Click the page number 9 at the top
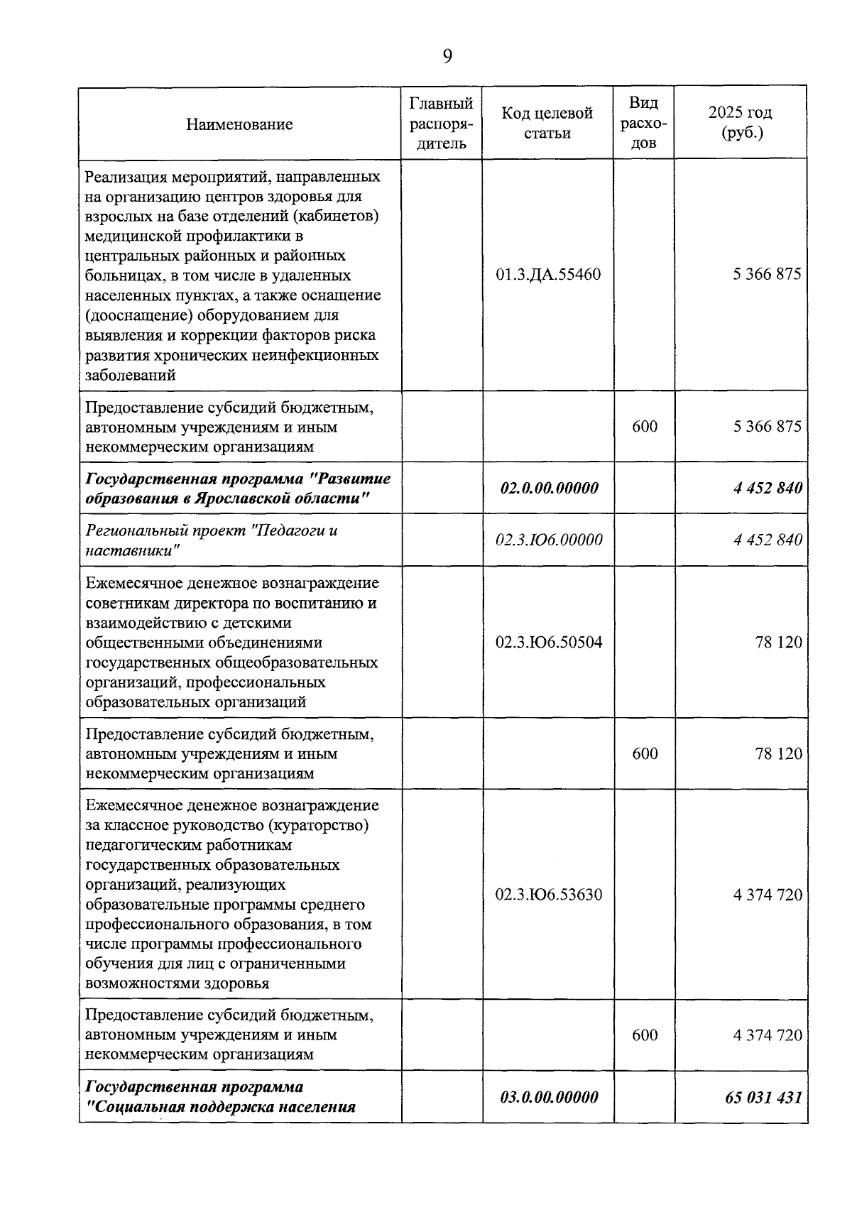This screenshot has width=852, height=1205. point(447,57)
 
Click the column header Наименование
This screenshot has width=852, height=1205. point(239,124)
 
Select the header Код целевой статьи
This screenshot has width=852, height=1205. point(547,123)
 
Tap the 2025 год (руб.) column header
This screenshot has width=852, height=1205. point(740,123)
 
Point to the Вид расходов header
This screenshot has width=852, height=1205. point(644,123)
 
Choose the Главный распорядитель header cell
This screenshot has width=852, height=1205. point(442,123)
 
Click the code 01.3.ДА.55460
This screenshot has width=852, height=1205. point(548,274)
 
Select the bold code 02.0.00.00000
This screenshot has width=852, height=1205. point(549,488)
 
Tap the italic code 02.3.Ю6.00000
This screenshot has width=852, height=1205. point(549,540)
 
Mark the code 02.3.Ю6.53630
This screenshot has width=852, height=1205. point(549,894)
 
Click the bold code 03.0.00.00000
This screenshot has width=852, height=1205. point(549,1097)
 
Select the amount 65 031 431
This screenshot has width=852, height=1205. point(763,1097)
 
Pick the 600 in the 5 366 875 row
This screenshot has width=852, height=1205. point(645,426)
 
